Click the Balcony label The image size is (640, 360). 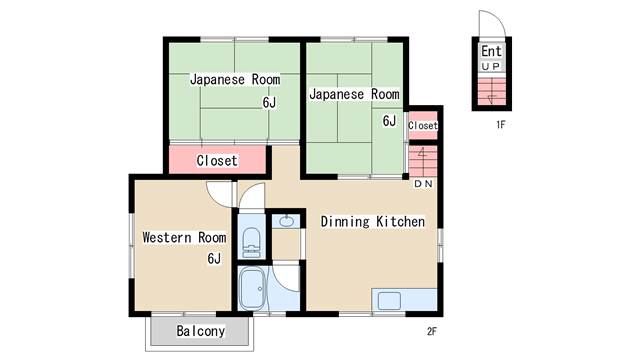click(x=200, y=331)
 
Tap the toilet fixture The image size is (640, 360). click(x=251, y=243)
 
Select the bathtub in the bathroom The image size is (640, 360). click(x=251, y=289)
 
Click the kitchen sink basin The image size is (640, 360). click(x=389, y=301)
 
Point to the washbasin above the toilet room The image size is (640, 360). click(x=287, y=221)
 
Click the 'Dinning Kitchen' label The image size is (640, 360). click(x=373, y=222)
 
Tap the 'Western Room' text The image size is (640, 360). click(x=184, y=237)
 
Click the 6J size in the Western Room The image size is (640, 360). click(x=214, y=258)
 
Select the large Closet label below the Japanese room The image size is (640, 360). click(x=217, y=160)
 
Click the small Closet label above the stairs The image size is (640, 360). click(x=422, y=125)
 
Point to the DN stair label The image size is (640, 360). click(x=423, y=184)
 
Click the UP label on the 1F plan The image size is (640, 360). click(x=490, y=66)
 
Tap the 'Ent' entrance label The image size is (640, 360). click(x=491, y=51)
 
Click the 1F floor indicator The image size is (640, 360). click(x=501, y=124)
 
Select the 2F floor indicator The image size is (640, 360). click(x=432, y=331)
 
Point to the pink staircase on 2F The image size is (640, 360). click(x=423, y=160)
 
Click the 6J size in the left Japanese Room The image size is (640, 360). click(x=269, y=102)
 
